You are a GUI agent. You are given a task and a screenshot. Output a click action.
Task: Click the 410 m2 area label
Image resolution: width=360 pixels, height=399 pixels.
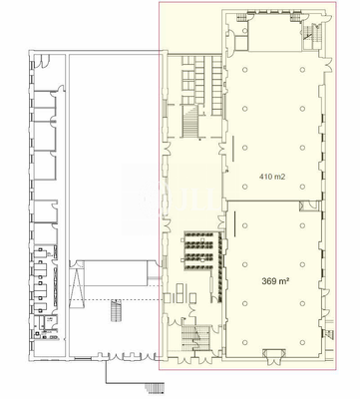click(272, 176)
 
